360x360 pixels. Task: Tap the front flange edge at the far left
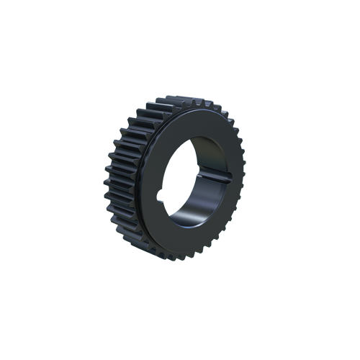(x=142, y=184)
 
